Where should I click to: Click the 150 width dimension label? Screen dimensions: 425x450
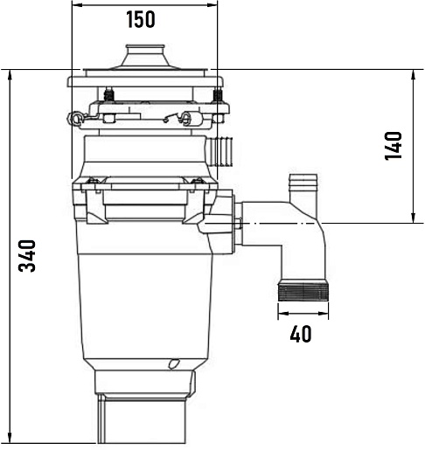pyautogui.click(x=141, y=19)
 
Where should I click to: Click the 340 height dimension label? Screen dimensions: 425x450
pyautogui.click(x=27, y=256)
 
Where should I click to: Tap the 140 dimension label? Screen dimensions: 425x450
pyautogui.click(x=394, y=146)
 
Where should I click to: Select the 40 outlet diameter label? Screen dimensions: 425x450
pyautogui.click(x=301, y=334)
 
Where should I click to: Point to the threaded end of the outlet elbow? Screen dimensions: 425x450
pyautogui.click(x=303, y=290)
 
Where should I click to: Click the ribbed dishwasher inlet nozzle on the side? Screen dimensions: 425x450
pyautogui.click(x=219, y=151)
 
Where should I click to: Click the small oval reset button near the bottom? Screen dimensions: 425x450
pyautogui.click(x=174, y=363)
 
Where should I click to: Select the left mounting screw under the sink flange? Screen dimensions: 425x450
pyautogui.click(x=108, y=93)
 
